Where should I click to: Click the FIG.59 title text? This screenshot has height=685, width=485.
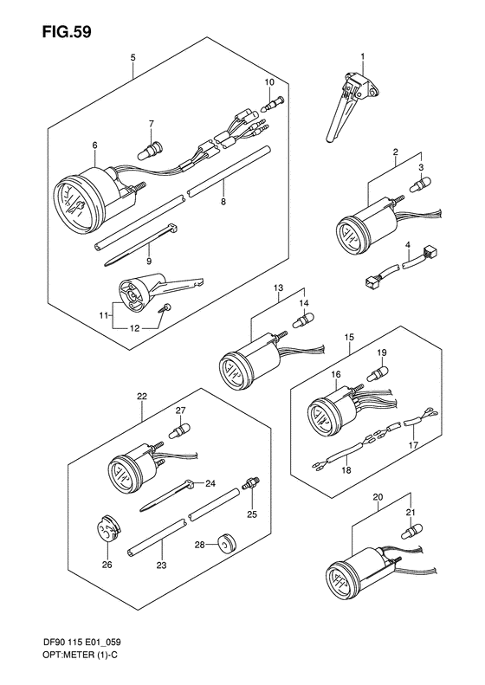tap(67, 31)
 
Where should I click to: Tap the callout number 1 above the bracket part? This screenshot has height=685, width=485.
tap(362, 56)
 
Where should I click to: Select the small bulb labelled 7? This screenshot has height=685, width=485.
tap(150, 149)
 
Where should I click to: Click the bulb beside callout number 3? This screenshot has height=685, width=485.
tap(420, 184)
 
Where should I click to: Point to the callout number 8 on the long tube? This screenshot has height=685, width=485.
tap(223, 202)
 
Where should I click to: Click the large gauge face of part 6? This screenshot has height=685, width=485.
tap(77, 204)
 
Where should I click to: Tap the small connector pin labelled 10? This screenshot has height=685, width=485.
tap(273, 103)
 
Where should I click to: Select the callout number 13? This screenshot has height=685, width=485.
tap(278, 288)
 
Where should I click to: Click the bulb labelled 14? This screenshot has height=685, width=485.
tap(303, 320)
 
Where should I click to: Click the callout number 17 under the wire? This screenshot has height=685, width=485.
tap(413, 445)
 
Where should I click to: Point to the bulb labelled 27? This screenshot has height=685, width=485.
tap(180, 430)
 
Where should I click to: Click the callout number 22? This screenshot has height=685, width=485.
tap(142, 397)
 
